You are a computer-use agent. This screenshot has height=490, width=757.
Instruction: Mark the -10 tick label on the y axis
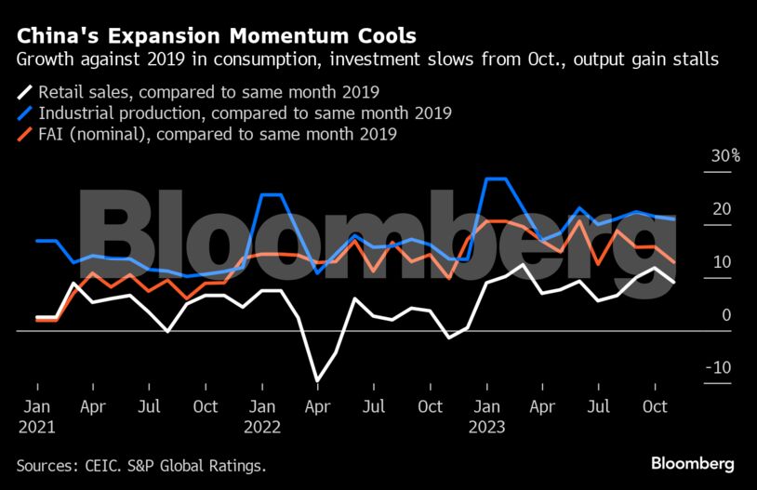point(719,368)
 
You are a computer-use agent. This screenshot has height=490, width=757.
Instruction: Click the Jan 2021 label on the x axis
point(36,417)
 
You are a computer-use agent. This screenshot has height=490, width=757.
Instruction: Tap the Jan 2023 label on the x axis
point(486,417)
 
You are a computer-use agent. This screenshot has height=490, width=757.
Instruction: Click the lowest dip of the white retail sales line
point(318,381)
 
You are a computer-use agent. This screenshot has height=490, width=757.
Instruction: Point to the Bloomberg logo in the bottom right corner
point(692,463)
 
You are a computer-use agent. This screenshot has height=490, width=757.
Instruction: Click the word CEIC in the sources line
point(109,464)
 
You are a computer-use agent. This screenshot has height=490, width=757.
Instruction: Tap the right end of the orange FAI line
point(674,263)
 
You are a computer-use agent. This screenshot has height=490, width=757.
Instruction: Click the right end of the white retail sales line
point(674,282)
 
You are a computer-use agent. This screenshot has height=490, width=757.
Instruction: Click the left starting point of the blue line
point(36,241)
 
